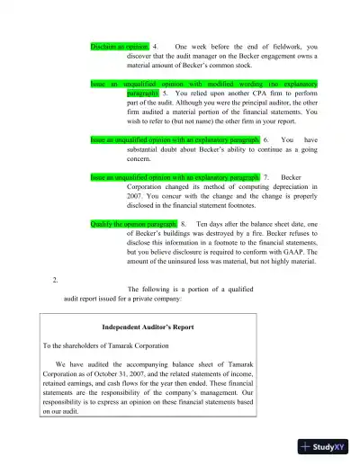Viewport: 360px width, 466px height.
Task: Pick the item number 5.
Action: click(x=166, y=93)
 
